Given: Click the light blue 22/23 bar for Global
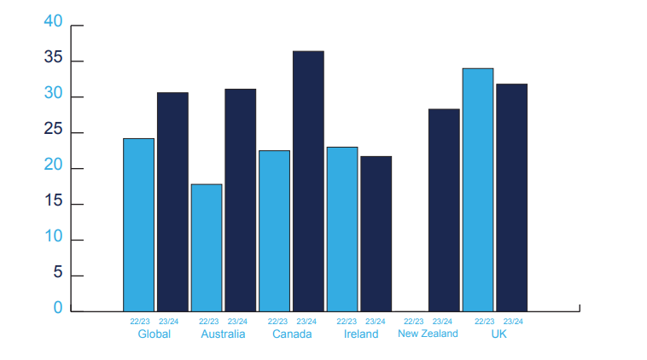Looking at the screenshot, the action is click(138, 224).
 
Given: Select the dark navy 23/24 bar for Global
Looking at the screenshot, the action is click(173, 201).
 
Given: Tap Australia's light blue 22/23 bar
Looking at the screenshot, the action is click(207, 248).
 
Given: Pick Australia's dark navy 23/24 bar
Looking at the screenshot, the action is click(241, 200).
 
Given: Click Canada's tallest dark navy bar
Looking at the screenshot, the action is click(308, 181).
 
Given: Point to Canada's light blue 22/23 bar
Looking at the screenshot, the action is click(274, 231).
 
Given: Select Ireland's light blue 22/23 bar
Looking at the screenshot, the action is click(342, 229).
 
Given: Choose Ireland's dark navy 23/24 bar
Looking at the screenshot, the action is click(376, 234).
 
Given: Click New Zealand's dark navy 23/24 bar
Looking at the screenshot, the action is click(444, 211).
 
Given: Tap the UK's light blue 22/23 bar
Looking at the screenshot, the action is click(478, 189).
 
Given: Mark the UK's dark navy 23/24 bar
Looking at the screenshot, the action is click(511, 198).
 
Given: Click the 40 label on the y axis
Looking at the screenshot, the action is click(53, 21).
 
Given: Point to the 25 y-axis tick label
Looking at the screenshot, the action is click(53, 129).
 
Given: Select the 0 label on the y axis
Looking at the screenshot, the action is click(58, 308).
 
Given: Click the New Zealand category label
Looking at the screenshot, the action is click(428, 334).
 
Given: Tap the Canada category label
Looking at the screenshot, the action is click(292, 334).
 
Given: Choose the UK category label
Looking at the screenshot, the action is click(498, 334).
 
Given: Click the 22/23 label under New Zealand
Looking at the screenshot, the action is click(413, 322).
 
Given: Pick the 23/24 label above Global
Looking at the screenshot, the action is click(169, 322).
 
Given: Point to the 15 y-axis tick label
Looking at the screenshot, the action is click(53, 200).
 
